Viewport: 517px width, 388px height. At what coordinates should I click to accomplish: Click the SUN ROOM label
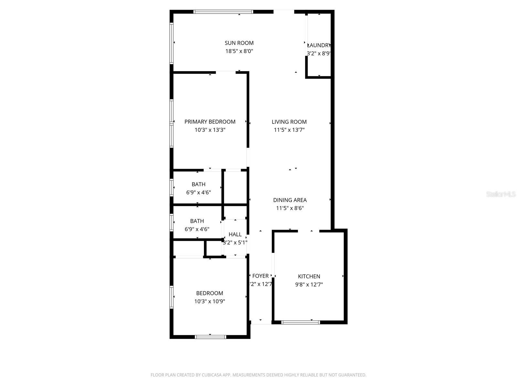click(239, 43)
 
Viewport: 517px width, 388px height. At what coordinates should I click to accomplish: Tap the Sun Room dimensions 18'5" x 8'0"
click(239, 51)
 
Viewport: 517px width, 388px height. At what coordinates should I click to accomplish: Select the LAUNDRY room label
click(319, 46)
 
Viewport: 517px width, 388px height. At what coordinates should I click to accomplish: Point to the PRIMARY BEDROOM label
click(210, 122)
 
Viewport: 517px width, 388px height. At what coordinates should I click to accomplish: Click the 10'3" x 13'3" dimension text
click(210, 130)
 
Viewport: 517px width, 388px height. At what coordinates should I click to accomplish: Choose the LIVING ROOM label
click(289, 122)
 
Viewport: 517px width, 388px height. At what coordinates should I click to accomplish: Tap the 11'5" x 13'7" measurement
click(289, 130)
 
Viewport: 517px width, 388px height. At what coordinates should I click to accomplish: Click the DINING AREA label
click(290, 200)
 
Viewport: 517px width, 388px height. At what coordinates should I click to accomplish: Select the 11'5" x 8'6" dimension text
click(290, 208)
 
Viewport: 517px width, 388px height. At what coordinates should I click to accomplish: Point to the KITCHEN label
click(309, 276)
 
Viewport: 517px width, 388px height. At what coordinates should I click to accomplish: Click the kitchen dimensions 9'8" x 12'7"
click(309, 285)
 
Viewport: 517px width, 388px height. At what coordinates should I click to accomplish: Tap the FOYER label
click(260, 276)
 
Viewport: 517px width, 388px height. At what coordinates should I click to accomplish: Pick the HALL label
click(235, 234)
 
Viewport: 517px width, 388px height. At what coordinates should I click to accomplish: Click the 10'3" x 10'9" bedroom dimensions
click(210, 301)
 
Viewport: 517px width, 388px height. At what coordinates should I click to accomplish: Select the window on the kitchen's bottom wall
click(301, 322)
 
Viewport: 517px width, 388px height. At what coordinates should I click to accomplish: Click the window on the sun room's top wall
click(223, 12)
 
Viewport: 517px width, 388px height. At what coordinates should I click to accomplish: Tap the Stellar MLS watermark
click(501, 194)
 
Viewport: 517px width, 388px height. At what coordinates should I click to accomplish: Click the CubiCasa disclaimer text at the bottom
click(258, 375)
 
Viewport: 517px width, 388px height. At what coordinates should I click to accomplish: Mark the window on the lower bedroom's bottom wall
click(210, 337)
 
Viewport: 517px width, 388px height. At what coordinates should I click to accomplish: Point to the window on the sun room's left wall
click(172, 43)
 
